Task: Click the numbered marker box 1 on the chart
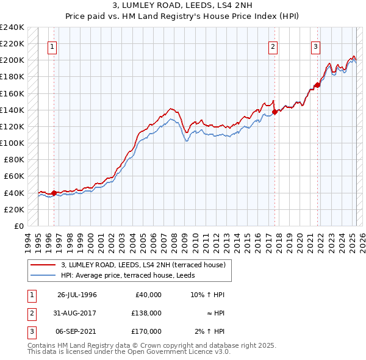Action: [52, 47]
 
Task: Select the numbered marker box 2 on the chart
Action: [273, 47]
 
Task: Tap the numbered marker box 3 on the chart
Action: [316, 47]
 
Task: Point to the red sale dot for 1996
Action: [54, 193]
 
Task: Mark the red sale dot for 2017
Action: [274, 112]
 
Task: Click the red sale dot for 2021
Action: [317, 85]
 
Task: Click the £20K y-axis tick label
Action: [15, 209]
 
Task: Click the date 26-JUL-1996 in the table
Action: [77, 295]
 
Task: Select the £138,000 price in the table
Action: [146, 313]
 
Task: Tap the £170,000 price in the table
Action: [146, 331]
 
